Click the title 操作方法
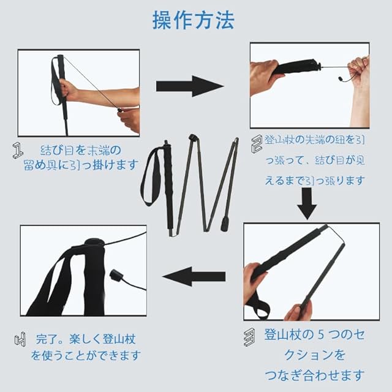pyautogui.click(x=194, y=20)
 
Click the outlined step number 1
pyautogui.click(x=18, y=151)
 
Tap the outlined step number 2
pyautogui.click(x=257, y=144)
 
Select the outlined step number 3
pyautogui.click(x=249, y=337)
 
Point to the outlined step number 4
pyautogui.click(x=20, y=339)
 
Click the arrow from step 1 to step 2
pyautogui.click(x=190, y=86)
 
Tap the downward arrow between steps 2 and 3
pyautogui.click(x=307, y=204)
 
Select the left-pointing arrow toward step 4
pyautogui.click(x=194, y=276)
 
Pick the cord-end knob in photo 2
pyautogui.click(x=341, y=79)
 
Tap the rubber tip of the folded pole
pyautogui.click(x=225, y=224)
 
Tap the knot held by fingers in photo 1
pyautogui.click(x=120, y=110)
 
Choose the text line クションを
pyautogui.click(x=314, y=355)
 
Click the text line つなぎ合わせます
pyautogui.click(x=314, y=375)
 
